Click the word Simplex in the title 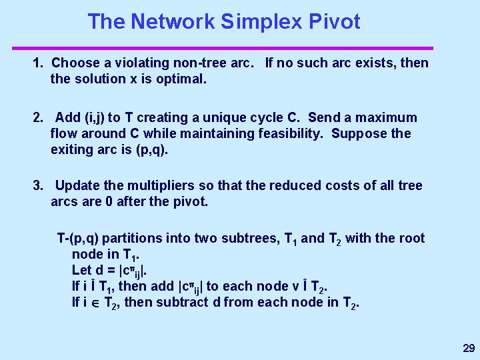pos(261,21)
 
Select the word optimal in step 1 pos(183,79)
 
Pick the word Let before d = pos(82,271)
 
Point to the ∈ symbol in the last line pos(93,303)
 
